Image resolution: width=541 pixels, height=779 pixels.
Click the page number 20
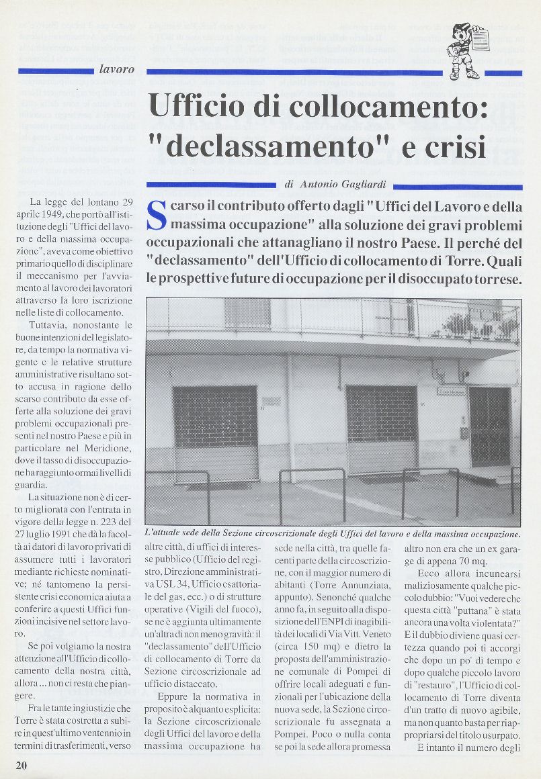tap(22, 764)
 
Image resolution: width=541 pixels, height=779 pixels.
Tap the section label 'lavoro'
tap(116, 69)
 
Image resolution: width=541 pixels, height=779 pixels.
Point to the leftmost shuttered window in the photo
tap(214, 418)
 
